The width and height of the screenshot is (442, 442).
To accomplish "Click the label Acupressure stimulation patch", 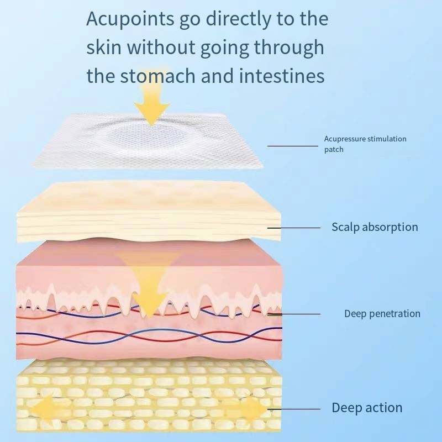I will [x=365, y=144].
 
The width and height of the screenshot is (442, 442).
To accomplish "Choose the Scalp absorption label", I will [x=375, y=227].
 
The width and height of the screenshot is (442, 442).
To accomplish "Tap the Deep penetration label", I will [x=382, y=314].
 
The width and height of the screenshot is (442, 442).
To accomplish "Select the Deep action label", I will [x=367, y=408].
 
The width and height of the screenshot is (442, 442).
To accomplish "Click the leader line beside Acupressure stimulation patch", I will [x=293, y=146].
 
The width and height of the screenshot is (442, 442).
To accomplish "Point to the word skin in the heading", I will [x=104, y=48].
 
